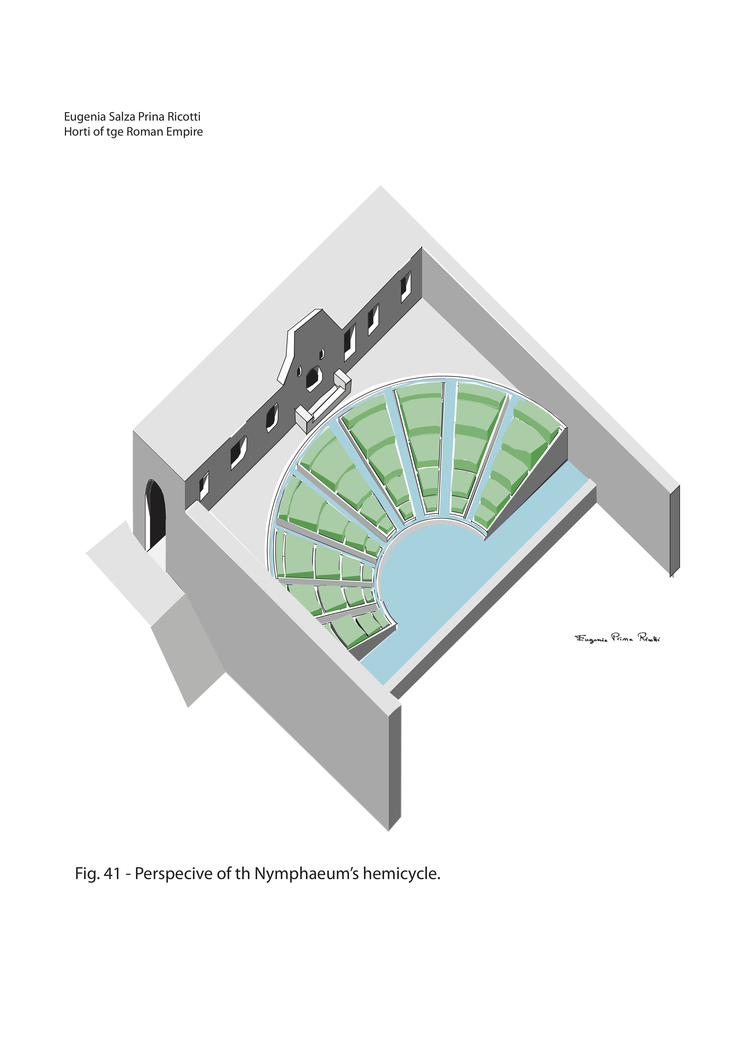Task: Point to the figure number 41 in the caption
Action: pyautogui.click(x=112, y=873)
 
